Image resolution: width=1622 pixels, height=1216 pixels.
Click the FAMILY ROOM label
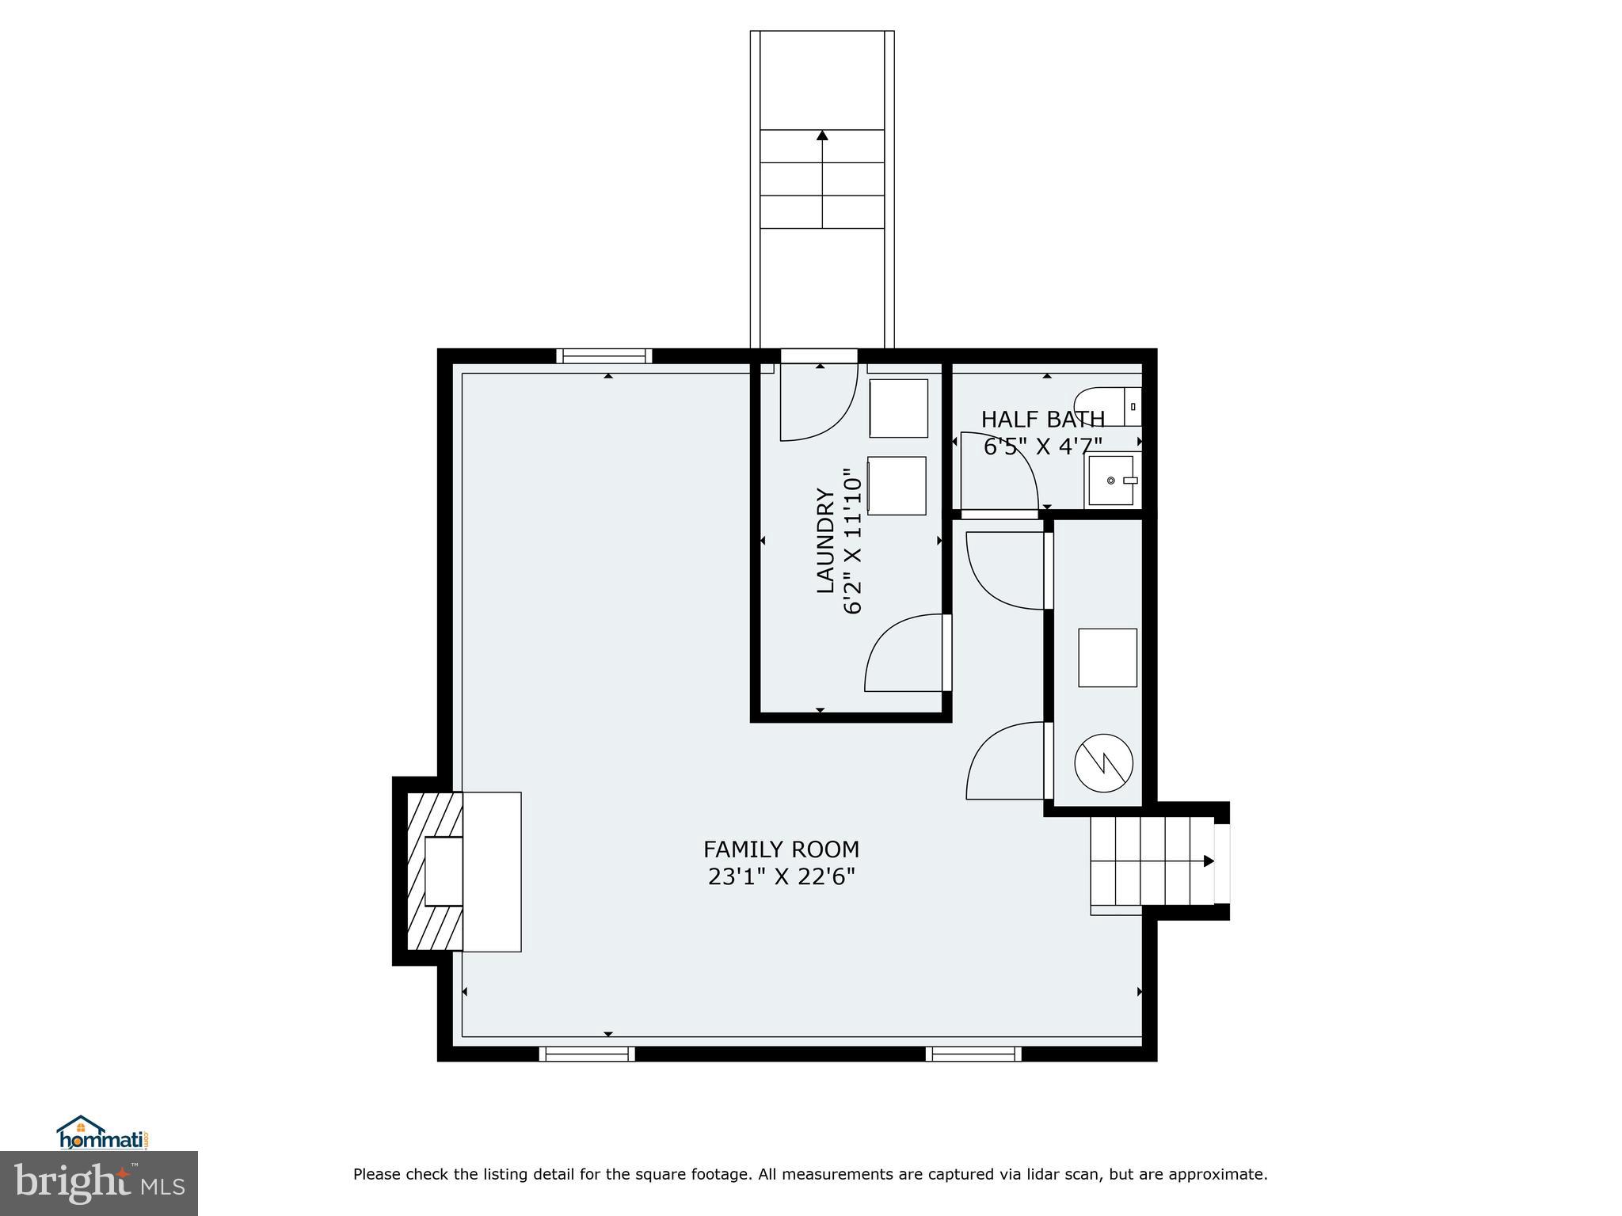(x=781, y=849)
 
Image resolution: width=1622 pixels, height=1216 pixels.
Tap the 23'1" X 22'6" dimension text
(x=781, y=877)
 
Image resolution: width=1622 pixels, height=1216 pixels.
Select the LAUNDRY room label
(x=826, y=541)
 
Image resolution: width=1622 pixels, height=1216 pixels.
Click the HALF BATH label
(x=1042, y=420)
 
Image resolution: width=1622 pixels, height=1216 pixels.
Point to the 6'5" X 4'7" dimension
(x=1042, y=447)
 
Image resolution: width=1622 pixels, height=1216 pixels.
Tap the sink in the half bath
(x=1113, y=480)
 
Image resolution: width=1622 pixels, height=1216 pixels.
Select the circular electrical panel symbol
(x=1103, y=763)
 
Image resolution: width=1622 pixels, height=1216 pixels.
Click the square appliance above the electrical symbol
(x=1107, y=657)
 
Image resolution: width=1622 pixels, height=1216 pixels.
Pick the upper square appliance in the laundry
(x=898, y=408)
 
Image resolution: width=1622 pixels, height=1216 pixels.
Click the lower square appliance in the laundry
(x=897, y=485)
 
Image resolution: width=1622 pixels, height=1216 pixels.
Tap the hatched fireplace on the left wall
(x=434, y=871)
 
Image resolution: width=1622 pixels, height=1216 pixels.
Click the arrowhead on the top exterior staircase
(x=822, y=135)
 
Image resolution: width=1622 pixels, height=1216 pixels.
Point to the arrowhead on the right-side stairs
(x=1209, y=861)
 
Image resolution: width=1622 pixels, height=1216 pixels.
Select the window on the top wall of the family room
(x=604, y=356)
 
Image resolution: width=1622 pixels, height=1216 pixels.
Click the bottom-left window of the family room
(x=587, y=1054)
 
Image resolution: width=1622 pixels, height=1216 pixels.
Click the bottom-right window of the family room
(x=973, y=1054)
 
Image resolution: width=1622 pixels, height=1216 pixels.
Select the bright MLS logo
(x=99, y=1183)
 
